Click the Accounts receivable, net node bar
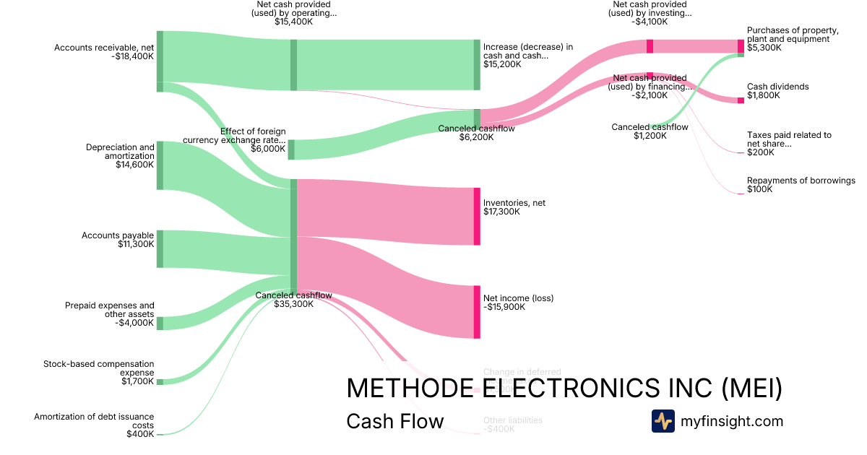click(x=160, y=61)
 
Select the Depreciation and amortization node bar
click(x=160, y=165)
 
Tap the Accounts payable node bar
click(x=160, y=248)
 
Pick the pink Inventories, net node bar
click(x=477, y=216)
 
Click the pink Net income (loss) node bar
click(x=477, y=312)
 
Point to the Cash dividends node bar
click(x=741, y=100)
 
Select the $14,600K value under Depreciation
click(x=134, y=165)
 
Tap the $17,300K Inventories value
click(x=501, y=212)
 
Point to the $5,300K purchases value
click(x=764, y=48)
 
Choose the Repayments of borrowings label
click(x=801, y=181)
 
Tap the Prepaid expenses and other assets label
click(x=109, y=310)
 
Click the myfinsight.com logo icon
click(x=663, y=421)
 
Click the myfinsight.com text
click(x=732, y=421)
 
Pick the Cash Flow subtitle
click(x=395, y=421)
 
